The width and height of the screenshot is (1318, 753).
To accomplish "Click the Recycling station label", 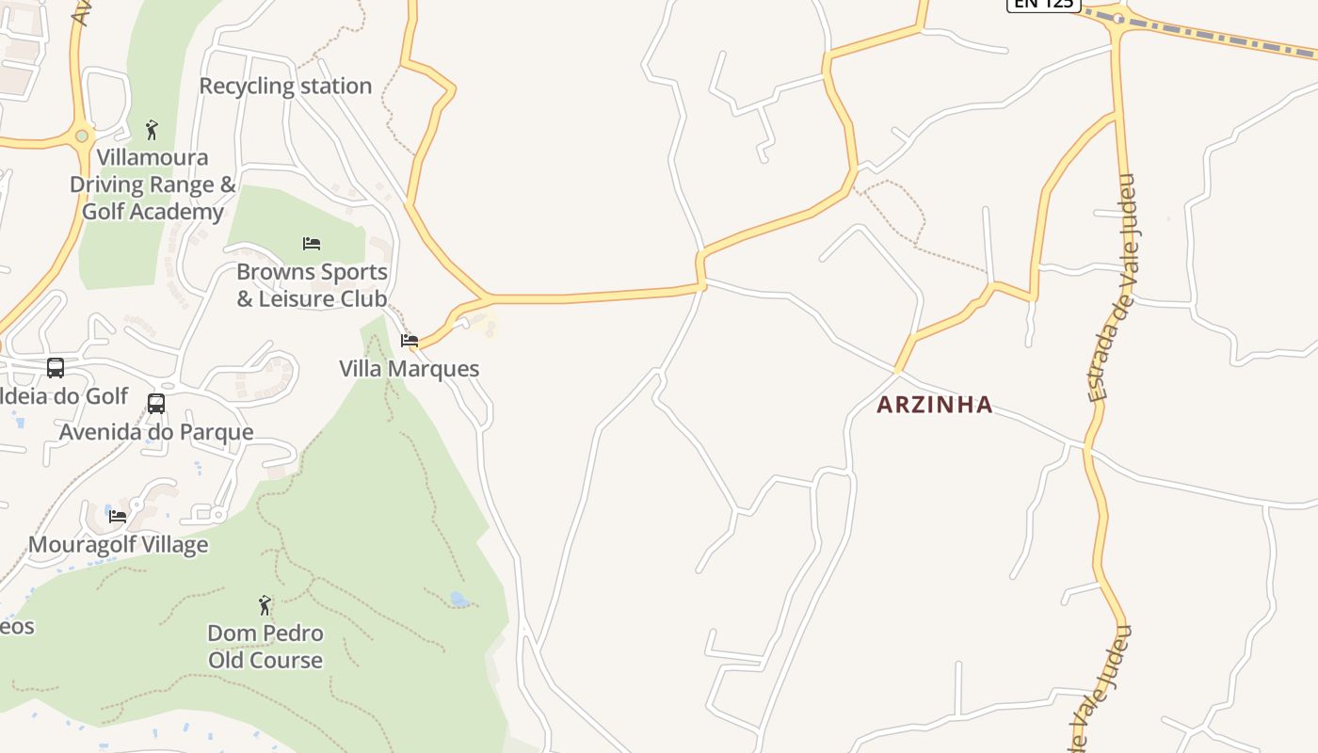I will (x=285, y=86).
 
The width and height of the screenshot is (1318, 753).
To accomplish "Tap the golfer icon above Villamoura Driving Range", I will (x=152, y=129).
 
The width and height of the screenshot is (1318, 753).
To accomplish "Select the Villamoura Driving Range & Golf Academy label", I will (x=153, y=184).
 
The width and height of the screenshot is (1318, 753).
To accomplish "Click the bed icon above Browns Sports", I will (x=312, y=244).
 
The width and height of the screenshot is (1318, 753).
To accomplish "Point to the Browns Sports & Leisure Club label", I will (x=312, y=285).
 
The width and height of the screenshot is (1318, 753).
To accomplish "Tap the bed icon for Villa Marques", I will (x=410, y=341).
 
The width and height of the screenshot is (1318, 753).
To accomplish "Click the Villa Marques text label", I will (x=410, y=369).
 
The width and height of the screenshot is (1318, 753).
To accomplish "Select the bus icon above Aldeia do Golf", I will (x=56, y=367).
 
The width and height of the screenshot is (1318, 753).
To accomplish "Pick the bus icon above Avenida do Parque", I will (x=156, y=404).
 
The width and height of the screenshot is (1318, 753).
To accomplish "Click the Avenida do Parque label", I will (x=156, y=432).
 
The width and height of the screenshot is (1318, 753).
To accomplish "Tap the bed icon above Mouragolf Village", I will (x=118, y=516).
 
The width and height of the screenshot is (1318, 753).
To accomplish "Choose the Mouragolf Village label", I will (x=118, y=545).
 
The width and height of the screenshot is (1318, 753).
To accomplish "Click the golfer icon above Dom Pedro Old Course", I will (x=265, y=604).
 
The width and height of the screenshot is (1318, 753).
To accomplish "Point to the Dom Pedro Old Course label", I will (x=265, y=647).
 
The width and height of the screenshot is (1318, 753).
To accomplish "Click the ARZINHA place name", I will (x=935, y=405).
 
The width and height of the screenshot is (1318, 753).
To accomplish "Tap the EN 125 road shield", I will (x=1043, y=4).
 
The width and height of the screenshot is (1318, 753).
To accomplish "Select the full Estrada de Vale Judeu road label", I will (x=1114, y=287).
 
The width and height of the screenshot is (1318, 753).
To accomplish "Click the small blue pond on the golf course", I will (x=458, y=599).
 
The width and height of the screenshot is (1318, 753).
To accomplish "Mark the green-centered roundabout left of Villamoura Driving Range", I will (x=82, y=136).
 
